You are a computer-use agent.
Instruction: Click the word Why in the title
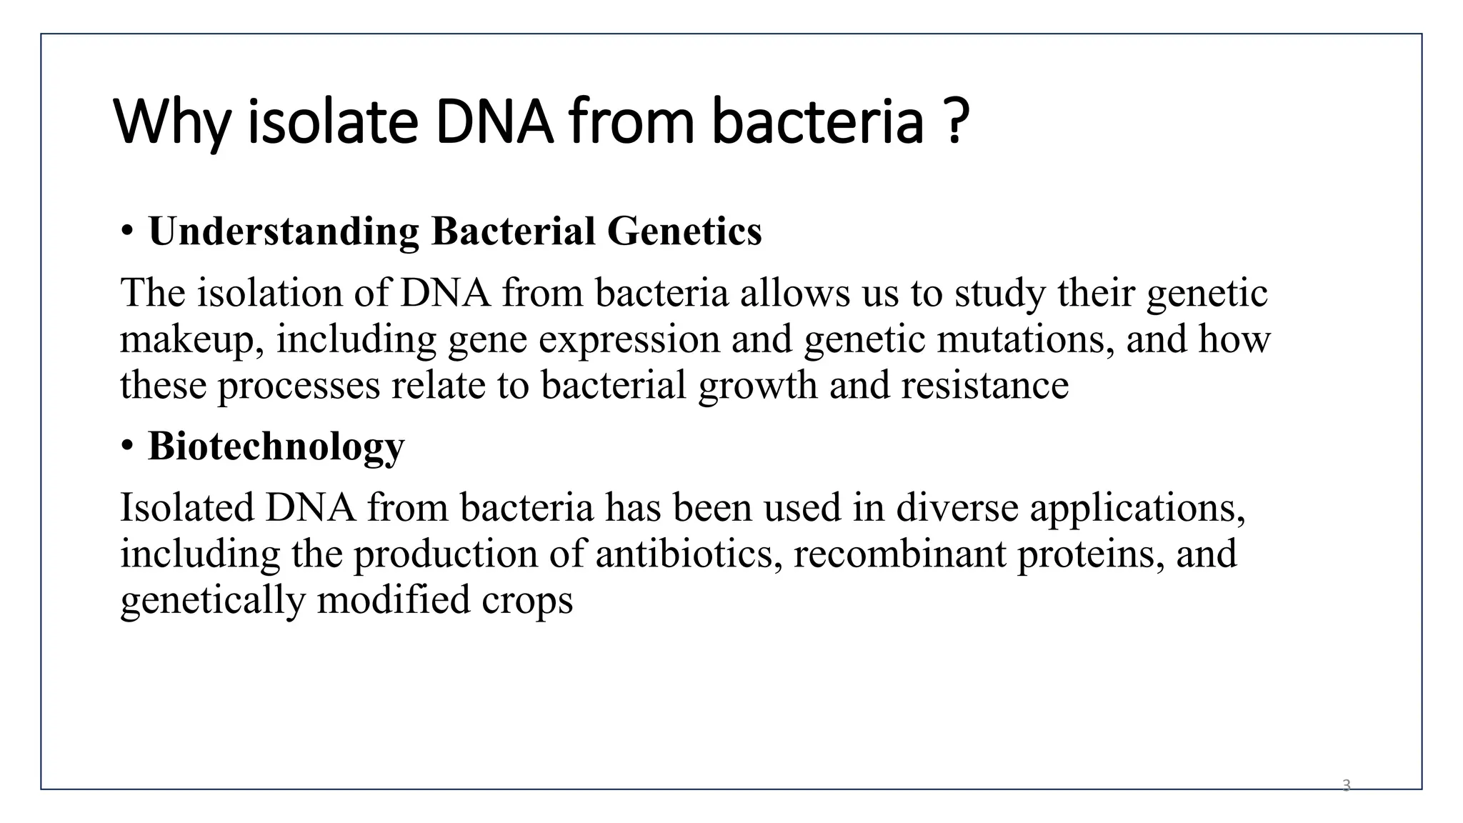point(172,123)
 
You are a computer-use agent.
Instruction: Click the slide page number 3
point(1347,786)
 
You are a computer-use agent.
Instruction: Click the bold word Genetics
point(684,231)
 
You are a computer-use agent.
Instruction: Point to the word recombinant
point(899,554)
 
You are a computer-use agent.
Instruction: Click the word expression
point(629,340)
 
